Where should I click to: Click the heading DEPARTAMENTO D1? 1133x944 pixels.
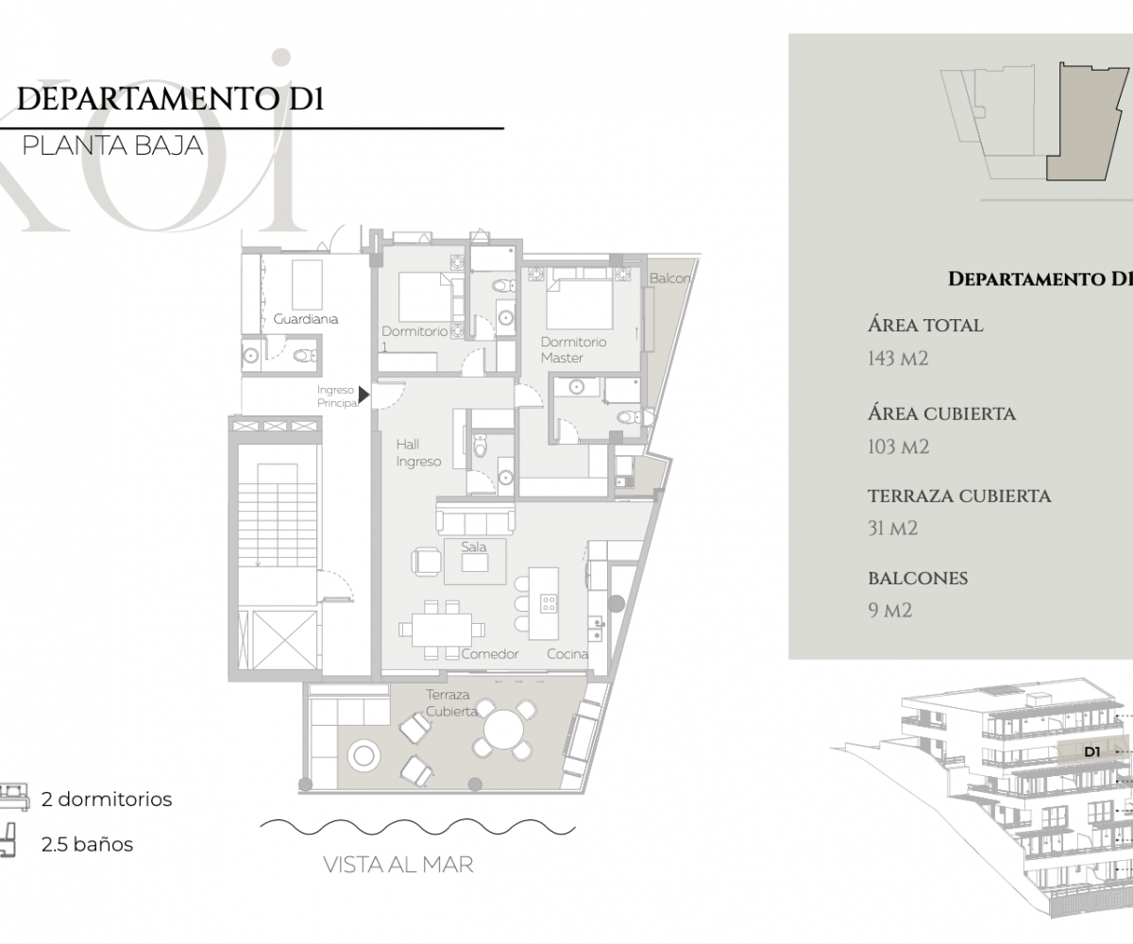coord(170,99)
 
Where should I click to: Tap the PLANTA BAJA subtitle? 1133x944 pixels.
coord(113,146)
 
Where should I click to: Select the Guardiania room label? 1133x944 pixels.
coord(306,319)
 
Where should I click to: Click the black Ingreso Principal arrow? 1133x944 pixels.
coord(364,395)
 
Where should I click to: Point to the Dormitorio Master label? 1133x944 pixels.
coord(573,350)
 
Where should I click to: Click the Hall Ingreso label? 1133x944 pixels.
coord(418,453)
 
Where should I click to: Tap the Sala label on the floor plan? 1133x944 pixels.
coord(474,547)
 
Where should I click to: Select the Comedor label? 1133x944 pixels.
coord(490,654)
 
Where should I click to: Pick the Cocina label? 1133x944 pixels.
coord(567,654)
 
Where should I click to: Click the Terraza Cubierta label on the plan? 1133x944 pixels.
coord(451,702)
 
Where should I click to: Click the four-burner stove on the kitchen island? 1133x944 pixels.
coord(549,603)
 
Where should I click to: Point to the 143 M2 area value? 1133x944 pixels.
coord(898,359)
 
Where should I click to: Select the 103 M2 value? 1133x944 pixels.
coord(898,447)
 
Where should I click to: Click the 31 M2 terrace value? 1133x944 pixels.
coord(892,529)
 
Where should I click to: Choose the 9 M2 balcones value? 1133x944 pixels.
coord(889,611)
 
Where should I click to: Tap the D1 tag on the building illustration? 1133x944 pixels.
coord(1091,752)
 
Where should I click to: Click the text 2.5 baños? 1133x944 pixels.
coord(87,844)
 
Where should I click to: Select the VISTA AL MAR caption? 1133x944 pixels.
coord(398,865)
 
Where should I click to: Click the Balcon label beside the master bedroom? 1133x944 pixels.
coord(669,278)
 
